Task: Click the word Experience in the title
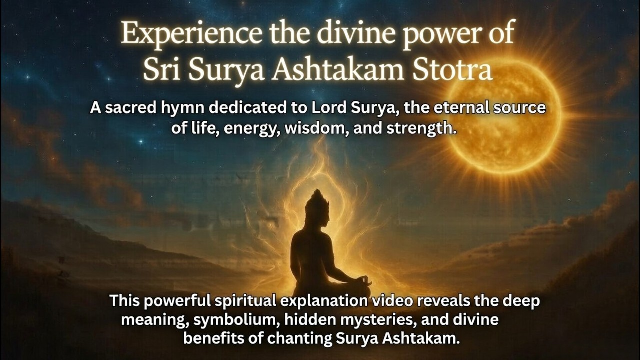coord(189,35)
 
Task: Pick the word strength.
coord(425,128)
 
